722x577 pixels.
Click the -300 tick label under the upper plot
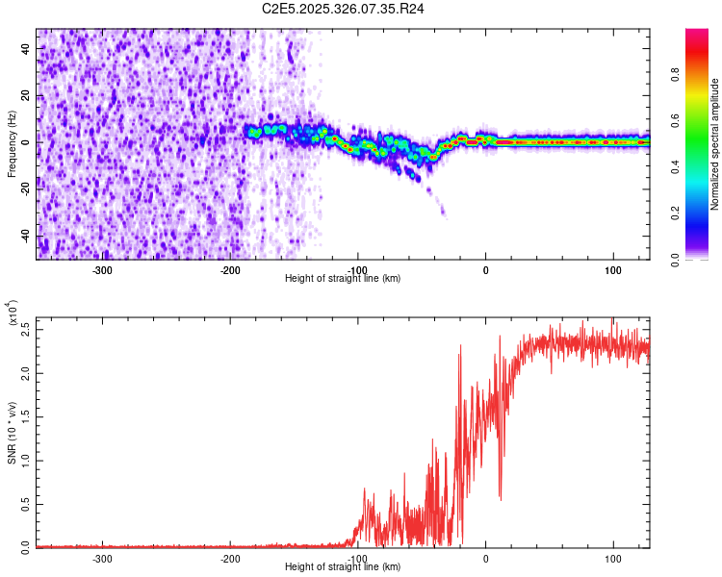click(x=102, y=269)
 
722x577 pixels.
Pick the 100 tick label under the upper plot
click(x=613, y=269)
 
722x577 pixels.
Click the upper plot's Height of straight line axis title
click(x=343, y=279)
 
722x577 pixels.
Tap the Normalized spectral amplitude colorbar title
click(x=715, y=144)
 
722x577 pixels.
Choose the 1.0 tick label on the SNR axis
click(x=25, y=460)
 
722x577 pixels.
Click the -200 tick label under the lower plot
click(x=230, y=558)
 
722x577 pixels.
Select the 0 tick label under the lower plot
click(x=485, y=558)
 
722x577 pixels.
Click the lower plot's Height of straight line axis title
click(x=343, y=567)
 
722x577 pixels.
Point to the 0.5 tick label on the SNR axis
click(x=25, y=503)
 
